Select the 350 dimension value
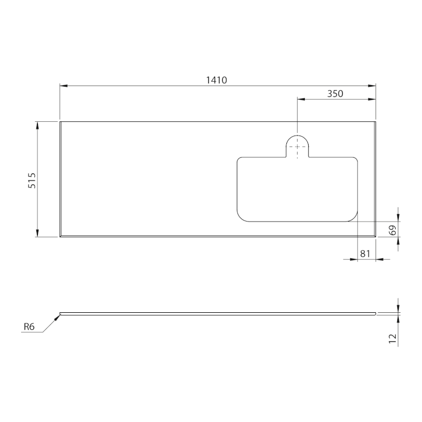pos(335,94)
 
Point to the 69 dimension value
pos(392,229)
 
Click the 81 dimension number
pos(365,253)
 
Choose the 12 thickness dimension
pos(392,338)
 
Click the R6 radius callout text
pos(29,327)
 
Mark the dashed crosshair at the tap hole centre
pos(298,147)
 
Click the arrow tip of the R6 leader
pos(60,314)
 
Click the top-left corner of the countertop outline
pos(60,122)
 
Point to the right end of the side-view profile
pos(375,313)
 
